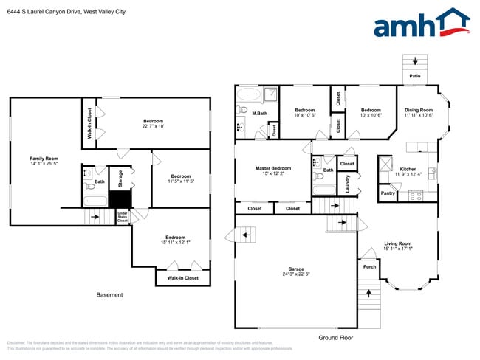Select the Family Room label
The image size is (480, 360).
click(x=44, y=159)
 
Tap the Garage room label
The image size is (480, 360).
click(x=296, y=269)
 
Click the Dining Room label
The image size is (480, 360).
click(x=418, y=111)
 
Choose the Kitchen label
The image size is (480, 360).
click(x=408, y=169)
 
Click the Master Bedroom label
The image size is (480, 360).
click(x=273, y=168)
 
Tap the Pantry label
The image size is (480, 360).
click(x=388, y=194)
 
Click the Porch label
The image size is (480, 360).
click(x=369, y=266)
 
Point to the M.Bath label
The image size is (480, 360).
click(x=259, y=113)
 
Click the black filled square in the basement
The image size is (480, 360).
click(x=120, y=199)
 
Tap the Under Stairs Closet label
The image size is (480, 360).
click(x=123, y=216)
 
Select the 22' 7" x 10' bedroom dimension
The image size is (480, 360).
click(x=153, y=126)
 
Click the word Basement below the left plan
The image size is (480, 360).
click(x=110, y=295)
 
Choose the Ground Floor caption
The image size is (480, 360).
click(x=336, y=338)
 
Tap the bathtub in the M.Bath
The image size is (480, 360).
click(x=250, y=95)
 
